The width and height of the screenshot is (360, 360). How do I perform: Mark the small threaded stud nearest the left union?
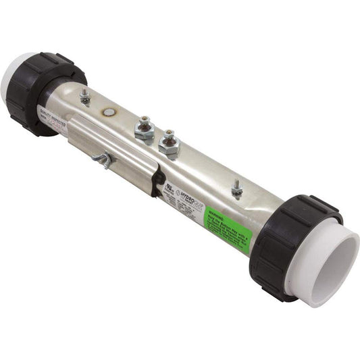click(x=84, y=97)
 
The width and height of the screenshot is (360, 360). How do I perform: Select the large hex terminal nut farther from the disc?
click(x=168, y=144)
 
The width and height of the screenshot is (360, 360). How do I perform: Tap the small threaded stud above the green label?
click(x=237, y=188)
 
